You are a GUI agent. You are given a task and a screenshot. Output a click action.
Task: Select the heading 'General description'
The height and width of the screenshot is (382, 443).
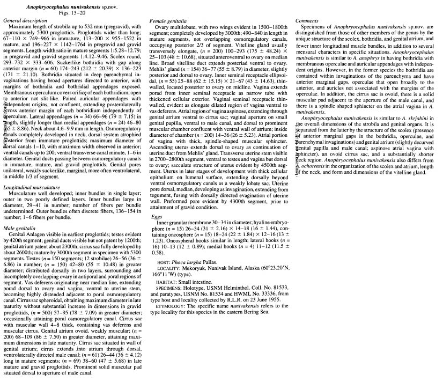point(21,20)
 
